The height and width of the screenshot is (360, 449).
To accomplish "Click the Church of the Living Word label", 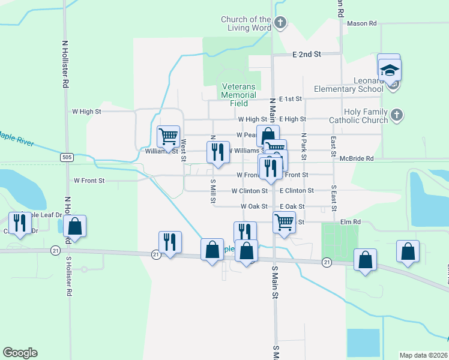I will pos(246,24).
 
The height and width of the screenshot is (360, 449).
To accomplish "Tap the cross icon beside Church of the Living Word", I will pos(280,23).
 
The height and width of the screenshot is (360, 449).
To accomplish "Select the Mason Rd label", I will pos(361,23).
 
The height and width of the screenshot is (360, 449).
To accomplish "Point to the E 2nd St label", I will pos(307,54).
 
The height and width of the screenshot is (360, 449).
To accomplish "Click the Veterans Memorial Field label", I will pos(238,95).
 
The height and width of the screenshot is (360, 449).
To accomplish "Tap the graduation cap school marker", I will pos(390,70).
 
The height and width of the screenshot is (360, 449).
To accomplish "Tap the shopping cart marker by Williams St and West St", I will pos(168,136).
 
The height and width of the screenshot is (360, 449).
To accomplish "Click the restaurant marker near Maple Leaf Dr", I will pos(20,223).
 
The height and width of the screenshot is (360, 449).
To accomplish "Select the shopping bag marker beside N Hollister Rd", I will pos(74,226).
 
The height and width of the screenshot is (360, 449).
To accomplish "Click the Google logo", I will pos(20,353).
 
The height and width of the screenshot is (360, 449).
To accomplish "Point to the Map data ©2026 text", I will pos(423,355).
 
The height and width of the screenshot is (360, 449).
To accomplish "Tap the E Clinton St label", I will pos(297,191).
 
